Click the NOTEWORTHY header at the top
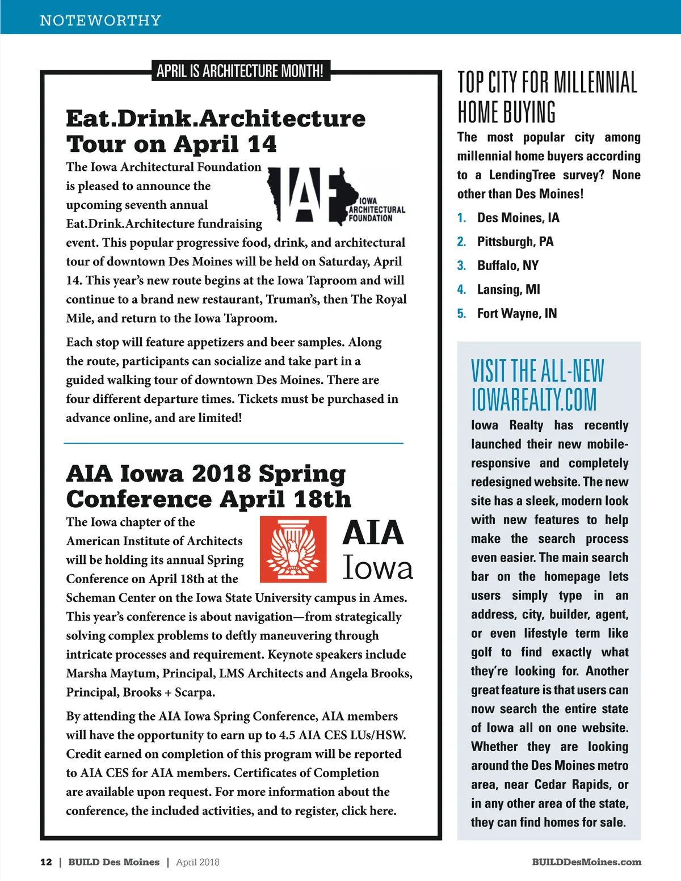pos(100,20)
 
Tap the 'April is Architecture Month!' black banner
pos(240,71)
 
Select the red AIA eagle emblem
pos(293,549)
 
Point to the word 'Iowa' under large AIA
pos(377,568)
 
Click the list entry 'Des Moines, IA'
pos(518,218)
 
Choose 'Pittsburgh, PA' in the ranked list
pos(515,242)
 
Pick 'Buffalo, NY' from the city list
pos(508,265)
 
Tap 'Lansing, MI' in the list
pos(508,289)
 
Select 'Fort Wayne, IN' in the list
pos(517,313)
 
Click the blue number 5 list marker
pos(461,313)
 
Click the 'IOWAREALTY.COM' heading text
pos(533,399)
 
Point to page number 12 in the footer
pos(46,862)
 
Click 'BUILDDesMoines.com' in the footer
pos(587,862)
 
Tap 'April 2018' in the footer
pos(197,862)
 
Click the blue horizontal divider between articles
pos(233,442)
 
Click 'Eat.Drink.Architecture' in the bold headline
pos(216,119)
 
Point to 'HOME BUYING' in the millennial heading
pos(507,112)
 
